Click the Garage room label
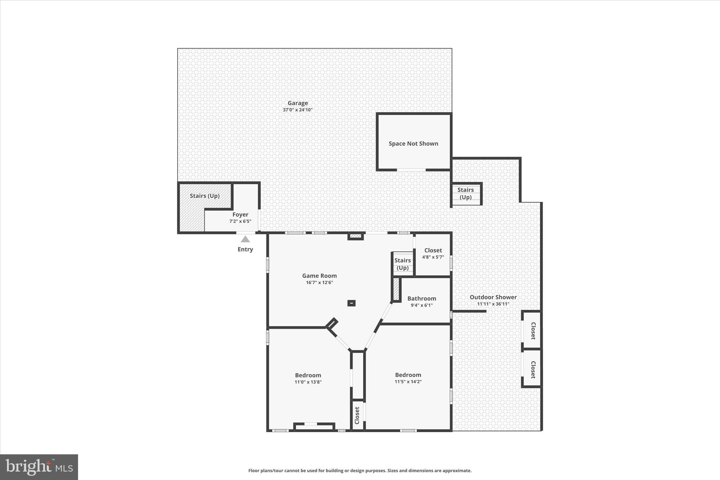tap(297, 103)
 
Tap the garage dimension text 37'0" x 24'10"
tap(297, 110)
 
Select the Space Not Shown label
tap(413, 143)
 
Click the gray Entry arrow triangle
tap(245, 239)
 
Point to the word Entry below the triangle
tap(245, 249)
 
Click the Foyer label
tap(240, 215)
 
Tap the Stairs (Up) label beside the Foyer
tap(205, 196)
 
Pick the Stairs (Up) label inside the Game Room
tap(403, 264)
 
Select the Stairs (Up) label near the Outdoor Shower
tap(465, 193)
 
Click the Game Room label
tap(319, 276)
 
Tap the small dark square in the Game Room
tap(351, 303)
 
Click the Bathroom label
tap(422, 299)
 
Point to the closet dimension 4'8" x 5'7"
tap(433, 257)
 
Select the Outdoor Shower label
tap(493, 297)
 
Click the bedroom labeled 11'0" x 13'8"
tap(308, 375)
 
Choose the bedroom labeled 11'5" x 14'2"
tap(408, 375)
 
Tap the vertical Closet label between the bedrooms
tap(357, 415)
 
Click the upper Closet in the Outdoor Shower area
tap(533, 331)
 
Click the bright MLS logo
tap(39, 467)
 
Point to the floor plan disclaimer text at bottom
tap(360, 471)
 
